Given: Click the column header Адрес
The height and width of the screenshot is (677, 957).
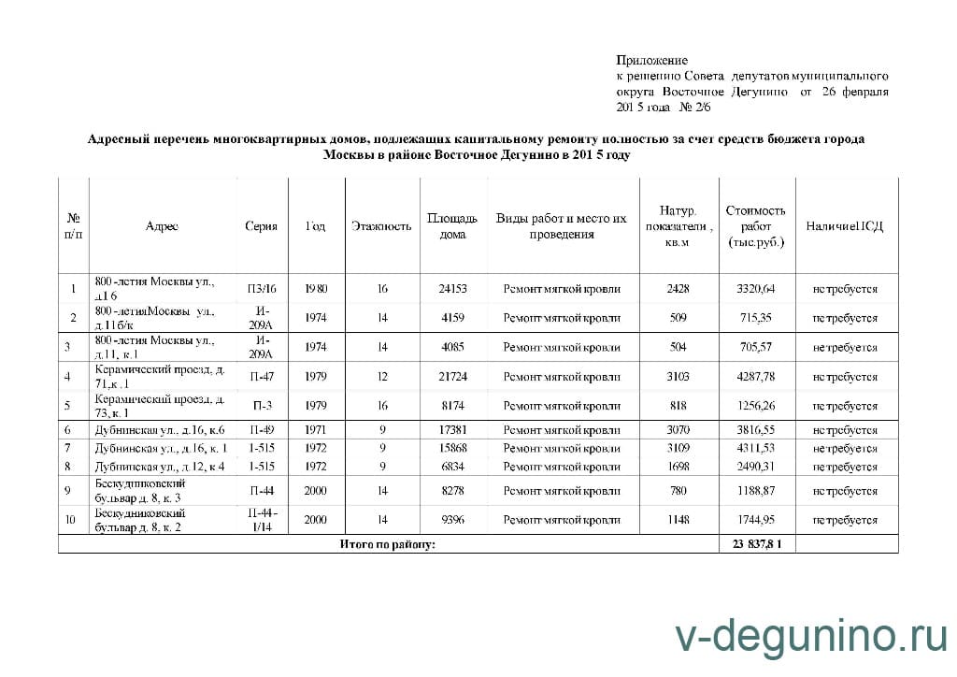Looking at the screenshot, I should click(162, 226).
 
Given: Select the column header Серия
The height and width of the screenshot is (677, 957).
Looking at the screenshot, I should click(261, 226).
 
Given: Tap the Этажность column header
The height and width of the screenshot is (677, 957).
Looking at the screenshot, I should click(381, 226).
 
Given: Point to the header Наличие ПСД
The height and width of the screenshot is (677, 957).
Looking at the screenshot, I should click(845, 226).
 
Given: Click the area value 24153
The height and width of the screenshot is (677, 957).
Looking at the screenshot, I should click(452, 289).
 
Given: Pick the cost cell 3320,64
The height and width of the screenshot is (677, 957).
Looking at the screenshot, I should click(756, 289).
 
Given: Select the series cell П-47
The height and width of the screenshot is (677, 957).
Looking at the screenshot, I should click(262, 378).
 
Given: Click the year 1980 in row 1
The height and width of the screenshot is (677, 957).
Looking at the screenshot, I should click(316, 289).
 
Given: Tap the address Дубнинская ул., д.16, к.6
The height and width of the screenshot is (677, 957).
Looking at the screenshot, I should click(160, 431).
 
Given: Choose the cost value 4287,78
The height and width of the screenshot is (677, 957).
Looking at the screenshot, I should click(756, 378).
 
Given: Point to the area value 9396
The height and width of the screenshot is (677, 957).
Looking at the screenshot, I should click(452, 520).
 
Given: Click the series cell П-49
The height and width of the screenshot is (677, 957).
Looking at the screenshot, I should click(262, 431).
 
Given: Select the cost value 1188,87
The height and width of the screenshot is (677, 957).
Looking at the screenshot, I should click(756, 491).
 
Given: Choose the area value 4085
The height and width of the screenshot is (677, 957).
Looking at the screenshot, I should click(452, 348).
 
